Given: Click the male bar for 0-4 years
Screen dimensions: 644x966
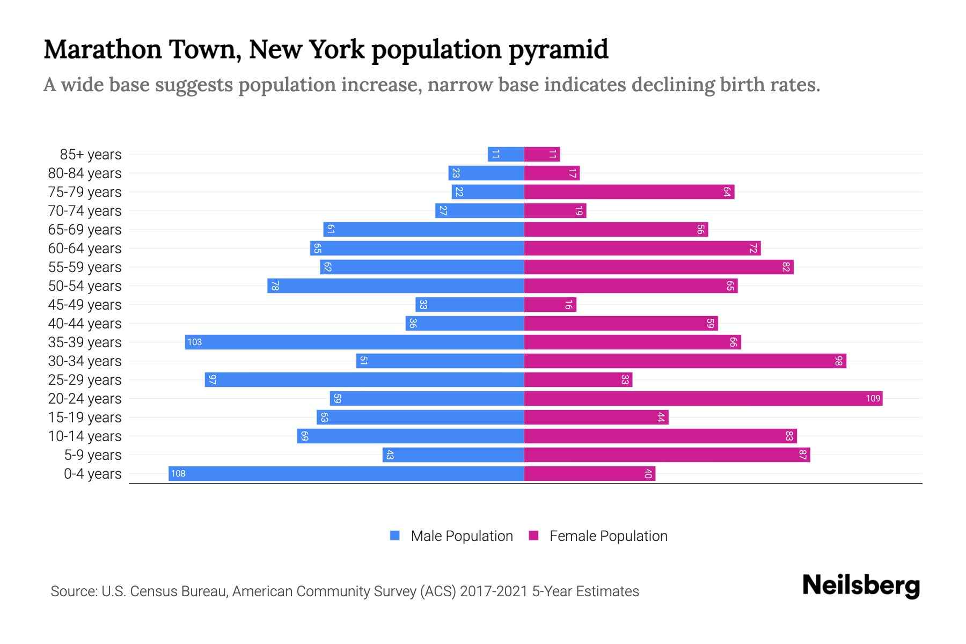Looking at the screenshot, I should [x=346, y=473].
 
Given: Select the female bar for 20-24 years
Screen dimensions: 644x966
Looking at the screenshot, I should [x=703, y=398].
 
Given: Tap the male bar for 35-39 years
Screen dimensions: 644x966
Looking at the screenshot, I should [x=354, y=342].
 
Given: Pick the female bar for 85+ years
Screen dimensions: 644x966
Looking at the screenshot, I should [x=542, y=154].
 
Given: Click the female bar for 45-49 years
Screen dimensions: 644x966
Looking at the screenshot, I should [x=550, y=304].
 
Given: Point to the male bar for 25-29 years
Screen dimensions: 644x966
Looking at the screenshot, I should [x=364, y=379].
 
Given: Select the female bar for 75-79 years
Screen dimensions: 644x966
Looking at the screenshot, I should [x=629, y=192].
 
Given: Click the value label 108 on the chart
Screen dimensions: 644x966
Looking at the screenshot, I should [x=178, y=473].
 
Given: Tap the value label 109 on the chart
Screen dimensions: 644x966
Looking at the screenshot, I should [x=873, y=398].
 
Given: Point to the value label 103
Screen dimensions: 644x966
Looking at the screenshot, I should [x=194, y=342].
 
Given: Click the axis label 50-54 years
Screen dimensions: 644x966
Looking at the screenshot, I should [x=85, y=286].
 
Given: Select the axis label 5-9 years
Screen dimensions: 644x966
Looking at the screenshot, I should [x=92, y=455].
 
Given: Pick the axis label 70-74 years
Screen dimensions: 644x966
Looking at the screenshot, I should [x=85, y=211].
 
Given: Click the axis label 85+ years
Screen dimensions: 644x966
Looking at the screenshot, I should [x=91, y=155].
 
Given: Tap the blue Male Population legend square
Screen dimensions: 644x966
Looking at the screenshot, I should [x=395, y=536].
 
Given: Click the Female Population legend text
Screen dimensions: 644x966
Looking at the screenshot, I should [x=608, y=536].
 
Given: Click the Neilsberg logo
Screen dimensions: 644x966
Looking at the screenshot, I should [x=861, y=586].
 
